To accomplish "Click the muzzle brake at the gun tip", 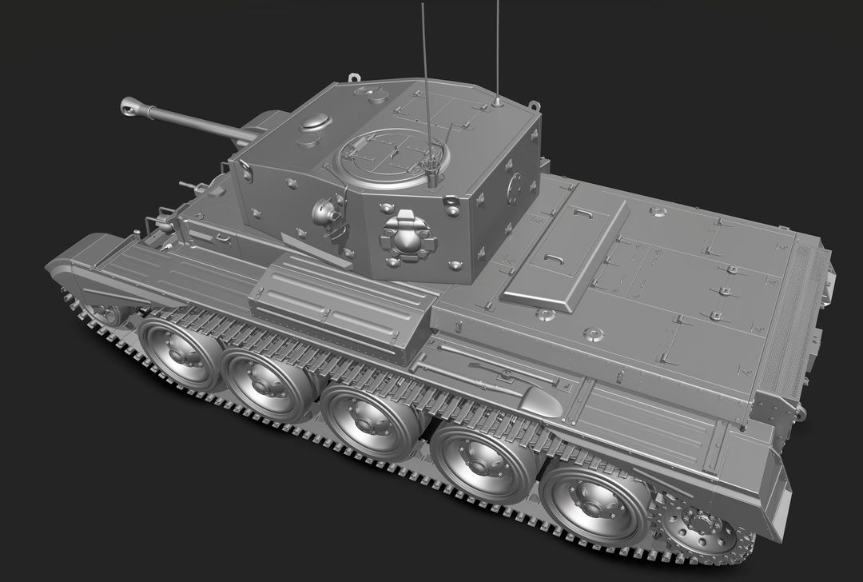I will pyautogui.click(x=131, y=106).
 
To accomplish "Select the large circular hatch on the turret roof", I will pyautogui.click(x=391, y=157).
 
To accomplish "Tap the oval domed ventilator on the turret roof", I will pyautogui.click(x=315, y=122).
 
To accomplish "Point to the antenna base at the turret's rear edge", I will pyautogui.click(x=497, y=102).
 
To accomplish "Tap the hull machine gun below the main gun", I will pyautogui.click(x=194, y=187).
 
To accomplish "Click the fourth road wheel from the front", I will pyautogui.click(x=482, y=463).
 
